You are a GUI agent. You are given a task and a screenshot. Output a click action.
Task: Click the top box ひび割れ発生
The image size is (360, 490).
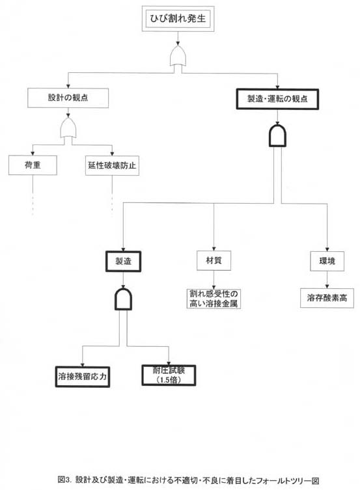coord(178,19)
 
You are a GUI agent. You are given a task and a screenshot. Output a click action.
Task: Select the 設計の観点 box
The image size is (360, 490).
coord(68,98)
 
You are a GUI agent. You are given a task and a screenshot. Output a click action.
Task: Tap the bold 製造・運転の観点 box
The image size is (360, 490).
coord(277,99)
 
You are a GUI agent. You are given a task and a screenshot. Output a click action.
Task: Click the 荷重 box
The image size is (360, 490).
coord(33,165)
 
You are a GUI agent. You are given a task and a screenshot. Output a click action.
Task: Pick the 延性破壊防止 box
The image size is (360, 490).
coord(112,166)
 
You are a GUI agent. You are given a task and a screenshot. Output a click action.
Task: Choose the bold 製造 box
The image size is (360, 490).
coord(124,261)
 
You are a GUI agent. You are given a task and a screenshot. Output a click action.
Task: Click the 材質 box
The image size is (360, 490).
coord(214,261)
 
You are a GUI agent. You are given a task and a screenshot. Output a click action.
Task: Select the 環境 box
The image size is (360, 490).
coord(327,261)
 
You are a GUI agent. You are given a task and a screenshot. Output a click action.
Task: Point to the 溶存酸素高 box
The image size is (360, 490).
coord(327,298)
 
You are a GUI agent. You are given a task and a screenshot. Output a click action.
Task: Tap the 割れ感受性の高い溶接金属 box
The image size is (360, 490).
coord(214,299)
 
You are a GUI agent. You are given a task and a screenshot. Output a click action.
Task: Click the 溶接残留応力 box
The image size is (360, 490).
coord(83,377)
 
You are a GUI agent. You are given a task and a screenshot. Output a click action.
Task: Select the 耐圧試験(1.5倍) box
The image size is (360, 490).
coord(169,375)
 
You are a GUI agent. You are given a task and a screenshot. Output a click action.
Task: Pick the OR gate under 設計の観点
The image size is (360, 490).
coord(68,128)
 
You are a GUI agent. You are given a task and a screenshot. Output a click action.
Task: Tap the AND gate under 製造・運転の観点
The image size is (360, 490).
coord(277,135)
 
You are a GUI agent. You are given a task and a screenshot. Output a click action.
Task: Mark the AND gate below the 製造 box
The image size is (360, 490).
coord(124,299)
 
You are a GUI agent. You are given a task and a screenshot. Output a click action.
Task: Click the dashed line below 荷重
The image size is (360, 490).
coord(33,195)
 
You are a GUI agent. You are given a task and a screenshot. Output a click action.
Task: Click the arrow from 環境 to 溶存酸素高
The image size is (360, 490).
coord(327,280)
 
